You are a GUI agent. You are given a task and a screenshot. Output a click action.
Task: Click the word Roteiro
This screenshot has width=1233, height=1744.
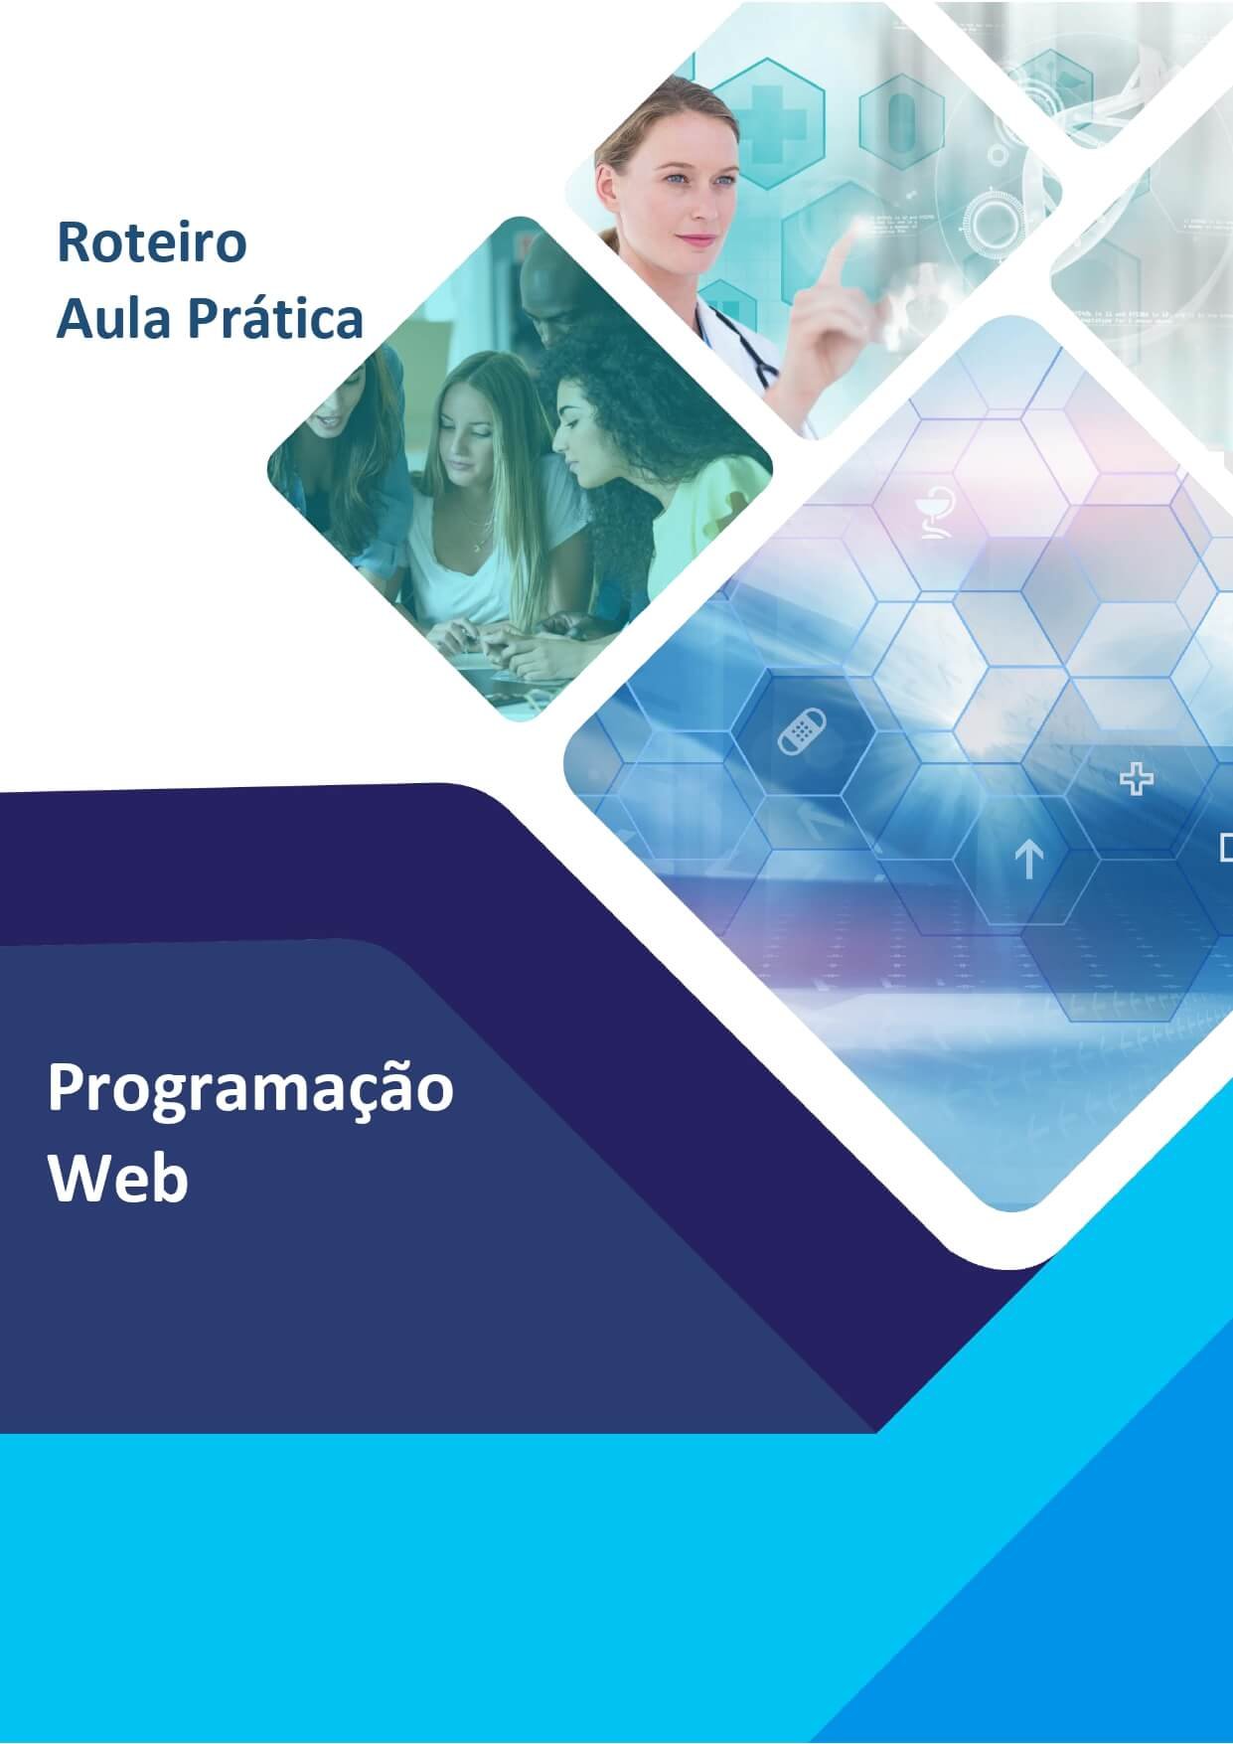tap(151, 241)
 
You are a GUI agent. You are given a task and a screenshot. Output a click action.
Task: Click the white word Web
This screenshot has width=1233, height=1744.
tap(118, 1180)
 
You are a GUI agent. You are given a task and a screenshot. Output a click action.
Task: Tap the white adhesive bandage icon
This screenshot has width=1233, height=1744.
tap(802, 730)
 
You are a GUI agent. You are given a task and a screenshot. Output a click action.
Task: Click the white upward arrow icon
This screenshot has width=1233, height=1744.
tap(1028, 858)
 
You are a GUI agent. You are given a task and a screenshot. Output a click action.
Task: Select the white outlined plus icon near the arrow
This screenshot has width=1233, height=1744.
tap(1136, 779)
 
